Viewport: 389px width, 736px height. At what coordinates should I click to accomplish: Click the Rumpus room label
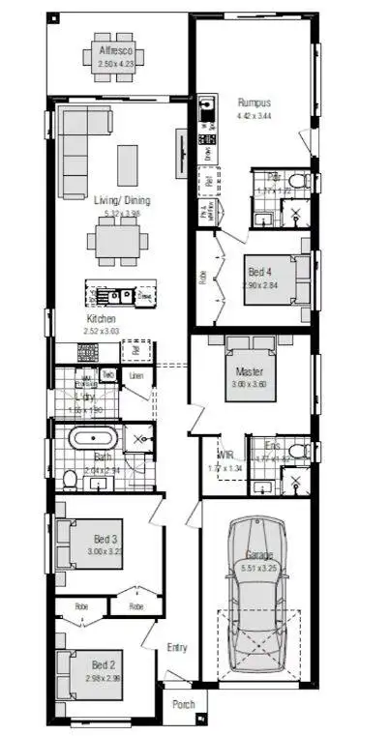coord(255,102)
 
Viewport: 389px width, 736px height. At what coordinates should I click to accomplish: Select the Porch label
coord(183,704)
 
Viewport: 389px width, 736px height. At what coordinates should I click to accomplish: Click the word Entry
coord(175,648)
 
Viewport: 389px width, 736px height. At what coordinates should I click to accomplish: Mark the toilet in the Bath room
coord(70,479)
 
